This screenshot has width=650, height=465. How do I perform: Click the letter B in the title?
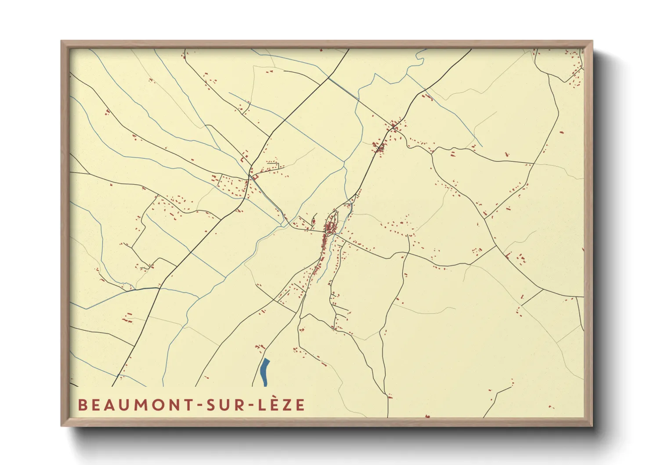tap(82, 405)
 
